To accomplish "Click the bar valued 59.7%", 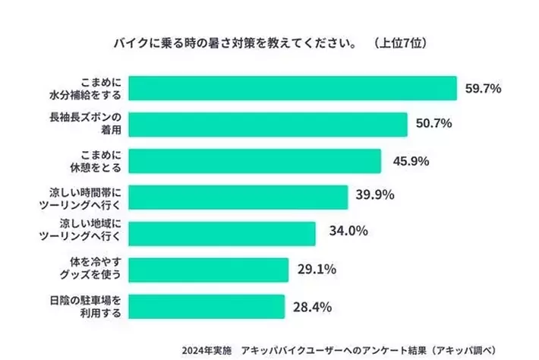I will coord(292,88).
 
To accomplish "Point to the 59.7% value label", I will coord(483,88).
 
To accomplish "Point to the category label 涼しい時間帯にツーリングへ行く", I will coord(84,197).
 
